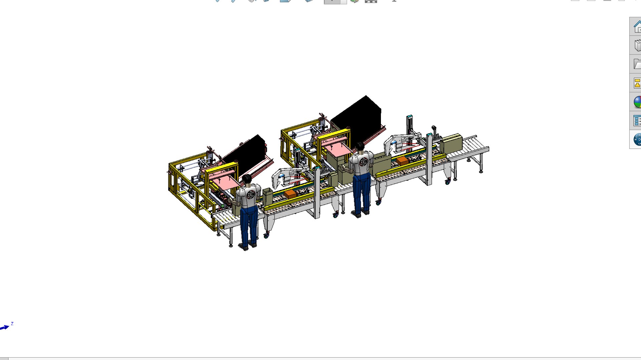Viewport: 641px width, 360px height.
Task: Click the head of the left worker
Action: [x=247, y=179]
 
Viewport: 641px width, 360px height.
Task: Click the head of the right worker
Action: [x=360, y=146]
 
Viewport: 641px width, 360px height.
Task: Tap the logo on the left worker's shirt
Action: [x=251, y=195]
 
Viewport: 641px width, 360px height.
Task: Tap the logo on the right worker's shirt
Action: [x=364, y=162]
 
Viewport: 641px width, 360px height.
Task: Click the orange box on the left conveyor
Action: [x=290, y=194]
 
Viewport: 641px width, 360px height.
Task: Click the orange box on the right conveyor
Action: [x=402, y=160]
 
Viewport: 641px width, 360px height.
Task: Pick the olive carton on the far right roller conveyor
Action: [x=452, y=143]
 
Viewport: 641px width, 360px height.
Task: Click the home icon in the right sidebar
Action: [x=637, y=26]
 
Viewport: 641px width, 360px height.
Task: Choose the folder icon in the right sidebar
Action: [x=637, y=64]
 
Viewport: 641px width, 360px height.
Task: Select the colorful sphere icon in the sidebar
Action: [x=637, y=102]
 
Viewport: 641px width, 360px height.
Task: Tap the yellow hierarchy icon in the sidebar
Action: [x=637, y=83]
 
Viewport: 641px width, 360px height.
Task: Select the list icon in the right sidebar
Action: [x=637, y=120]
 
